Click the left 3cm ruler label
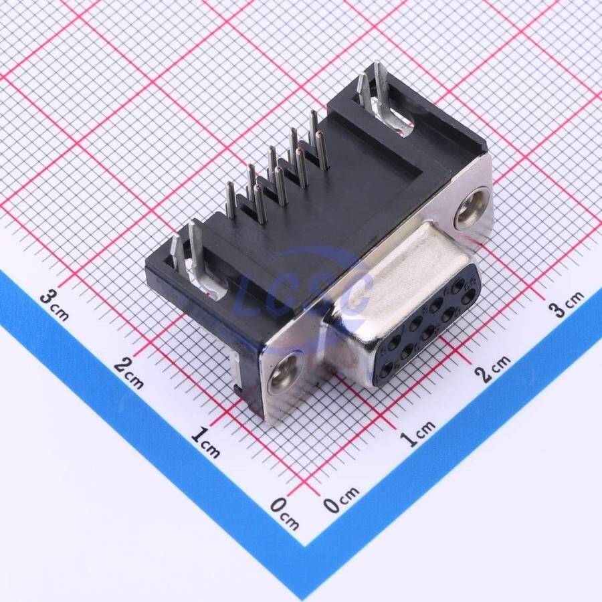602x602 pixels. pos(55,305)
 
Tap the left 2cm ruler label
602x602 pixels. pos(128,373)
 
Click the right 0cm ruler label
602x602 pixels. pos(341,499)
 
